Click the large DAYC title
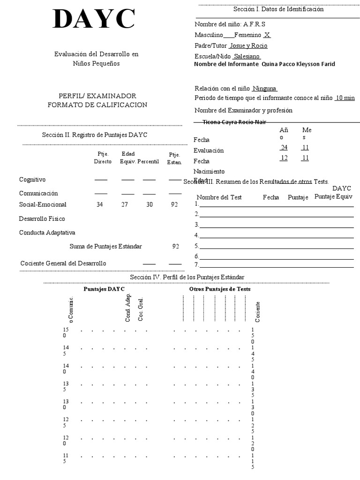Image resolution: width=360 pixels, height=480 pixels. click(94, 20)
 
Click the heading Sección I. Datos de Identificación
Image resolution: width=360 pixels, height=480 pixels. click(278, 9)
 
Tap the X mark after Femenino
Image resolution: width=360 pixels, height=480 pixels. click(267, 35)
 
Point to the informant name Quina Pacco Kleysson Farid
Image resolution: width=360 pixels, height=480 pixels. click(298, 64)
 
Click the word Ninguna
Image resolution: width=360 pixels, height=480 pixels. click(265, 89)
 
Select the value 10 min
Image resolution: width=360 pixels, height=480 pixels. click(345, 98)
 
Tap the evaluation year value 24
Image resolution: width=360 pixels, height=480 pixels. click(284, 147)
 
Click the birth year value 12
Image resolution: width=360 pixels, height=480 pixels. click(284, 158)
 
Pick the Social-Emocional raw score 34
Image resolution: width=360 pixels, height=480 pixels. click(99, 204)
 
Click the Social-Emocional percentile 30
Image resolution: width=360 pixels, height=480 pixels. click(149, 204)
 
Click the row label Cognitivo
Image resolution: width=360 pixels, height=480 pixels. click(32, 180)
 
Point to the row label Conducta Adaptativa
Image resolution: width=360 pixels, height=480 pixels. click(47, 232)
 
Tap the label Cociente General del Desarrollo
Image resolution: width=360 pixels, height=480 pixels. click(63, 263)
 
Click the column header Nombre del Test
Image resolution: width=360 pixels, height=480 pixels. click(219, 197)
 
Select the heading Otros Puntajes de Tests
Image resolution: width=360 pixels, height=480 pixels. click(220, 289)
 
